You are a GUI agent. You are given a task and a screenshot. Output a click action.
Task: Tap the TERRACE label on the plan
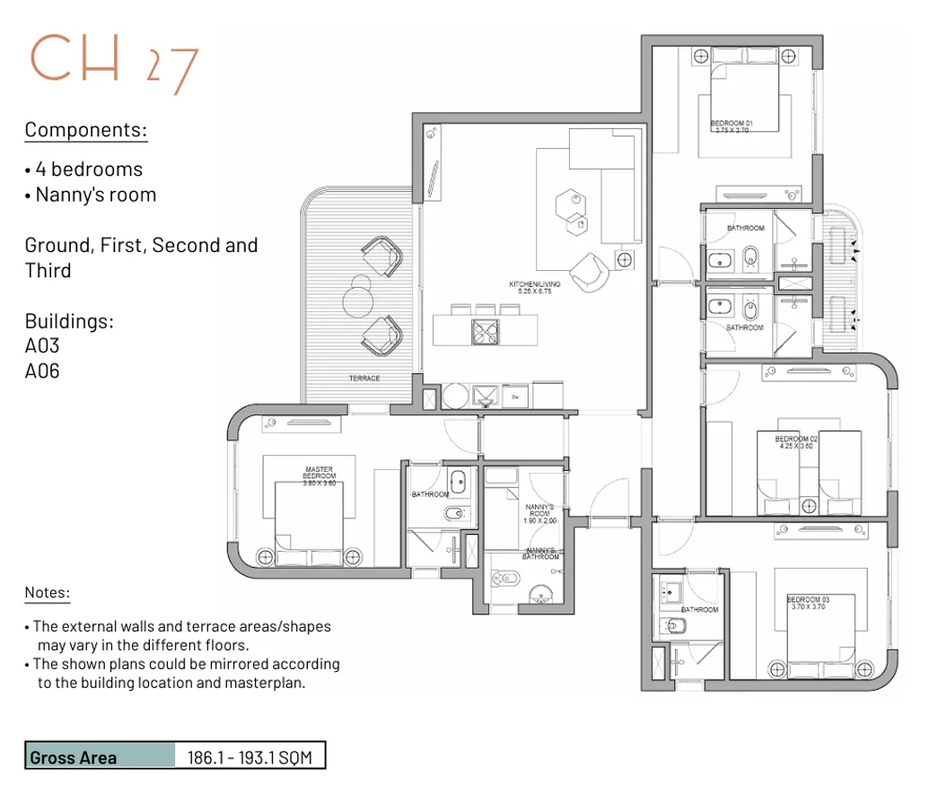click(x=364, y=379)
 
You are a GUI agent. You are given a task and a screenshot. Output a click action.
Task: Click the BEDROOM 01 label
click(x=731, y=126)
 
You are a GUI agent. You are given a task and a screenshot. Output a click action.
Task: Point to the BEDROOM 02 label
click(x=795, y=441)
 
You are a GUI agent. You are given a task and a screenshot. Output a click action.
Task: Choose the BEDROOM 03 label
click(x=806, y=603)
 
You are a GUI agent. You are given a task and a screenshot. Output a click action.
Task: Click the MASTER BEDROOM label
click(x=320, y=475)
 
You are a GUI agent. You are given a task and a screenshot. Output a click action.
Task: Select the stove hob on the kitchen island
click(x=486, y=332)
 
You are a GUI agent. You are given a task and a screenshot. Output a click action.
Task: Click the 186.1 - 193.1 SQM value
click(x=249, y=756)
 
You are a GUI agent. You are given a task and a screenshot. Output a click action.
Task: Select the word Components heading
click(x=85, y=130)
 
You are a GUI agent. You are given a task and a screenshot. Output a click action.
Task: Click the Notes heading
click(x=47, y=592)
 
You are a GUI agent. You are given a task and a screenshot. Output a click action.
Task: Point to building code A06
click(x=42, y=370)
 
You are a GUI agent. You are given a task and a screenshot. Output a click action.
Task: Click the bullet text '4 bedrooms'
click(x=88, y=169)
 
